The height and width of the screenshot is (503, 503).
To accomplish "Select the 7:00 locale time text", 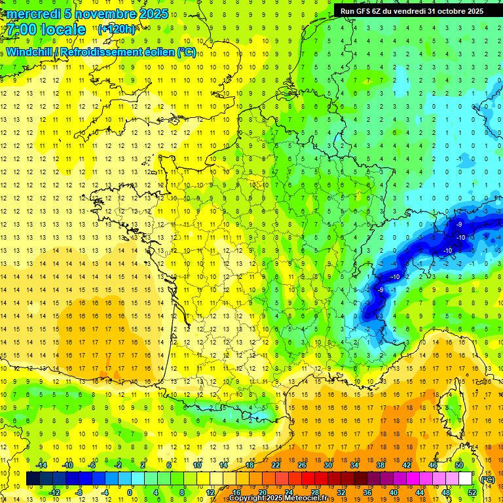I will [x=46, y=29].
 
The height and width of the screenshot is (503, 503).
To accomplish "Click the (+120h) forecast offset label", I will [x=116, y=29].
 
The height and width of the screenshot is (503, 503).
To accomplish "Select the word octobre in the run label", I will [x=443, y=10].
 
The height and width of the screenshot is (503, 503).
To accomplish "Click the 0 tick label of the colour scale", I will [x=130, y=493].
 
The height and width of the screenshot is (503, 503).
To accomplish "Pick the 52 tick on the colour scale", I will [x=472, y=493].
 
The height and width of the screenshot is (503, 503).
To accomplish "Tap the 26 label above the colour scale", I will [x=302, y=465].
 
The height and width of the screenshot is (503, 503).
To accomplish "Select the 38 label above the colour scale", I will [x=381, y=465].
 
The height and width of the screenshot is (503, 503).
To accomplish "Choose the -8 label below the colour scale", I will [x=79, y=493].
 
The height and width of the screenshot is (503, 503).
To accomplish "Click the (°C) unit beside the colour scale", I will [x=487, y=479].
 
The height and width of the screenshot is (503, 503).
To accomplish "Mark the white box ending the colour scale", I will [x=465, y=479].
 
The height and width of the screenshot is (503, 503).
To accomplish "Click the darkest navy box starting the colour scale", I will [x=33, y=479].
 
